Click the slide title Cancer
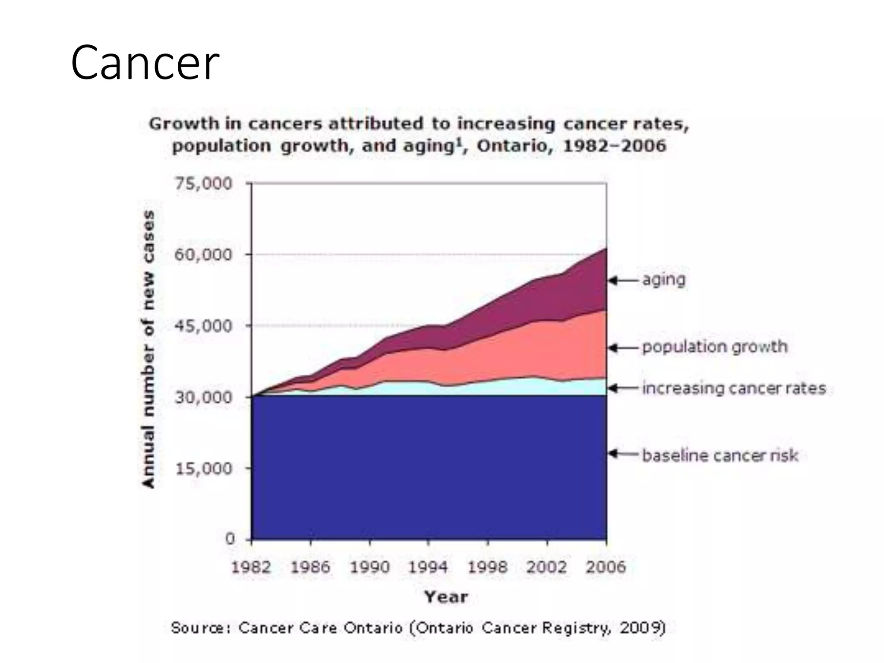[145, 63]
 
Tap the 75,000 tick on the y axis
[203, 184]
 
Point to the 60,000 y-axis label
[203, 255]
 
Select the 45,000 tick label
[203, 326]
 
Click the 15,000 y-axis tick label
[203, 468]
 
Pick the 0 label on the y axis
[230, 539]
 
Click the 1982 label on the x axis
[251, 567]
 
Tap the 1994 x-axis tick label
[428, 567]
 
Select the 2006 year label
[606, 567]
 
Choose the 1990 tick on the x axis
[369, 567]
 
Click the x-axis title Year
[446, 597]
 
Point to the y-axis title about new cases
[148, 350]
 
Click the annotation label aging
[664, 280]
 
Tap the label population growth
[715, 347]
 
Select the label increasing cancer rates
[734, 388]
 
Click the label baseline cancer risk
[720, 455]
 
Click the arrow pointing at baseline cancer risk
[623, 454]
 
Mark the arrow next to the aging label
[623, 281]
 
